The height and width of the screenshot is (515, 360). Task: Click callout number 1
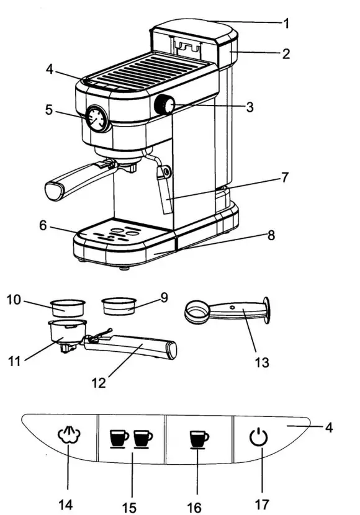pyautogui.click(x=287, y=24)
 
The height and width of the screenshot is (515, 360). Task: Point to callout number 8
pyautogui.click(x=270, y=236)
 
